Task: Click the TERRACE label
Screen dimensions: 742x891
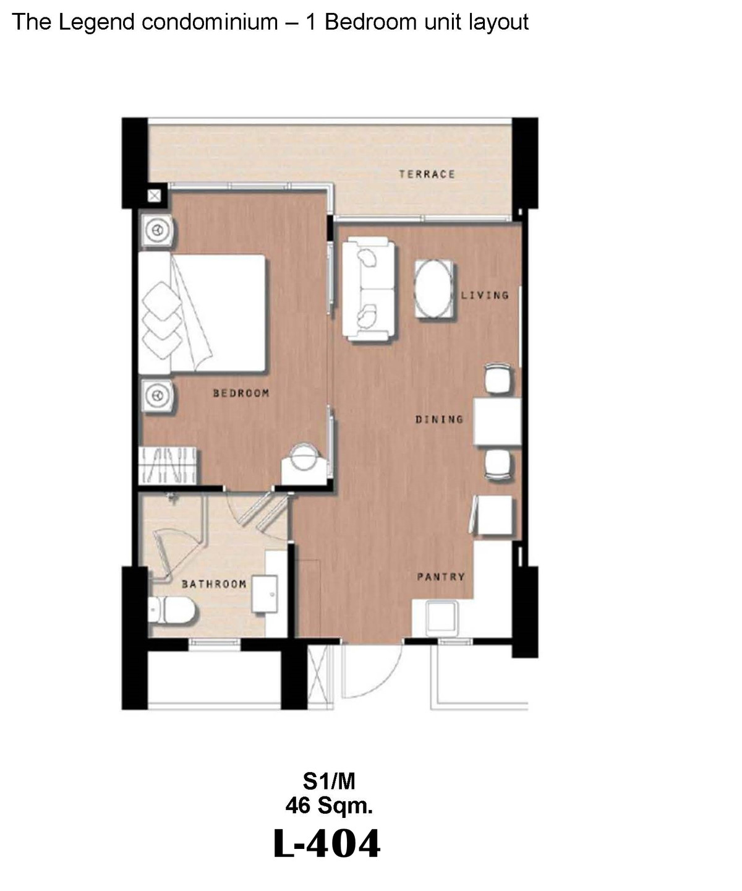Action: [427, 174]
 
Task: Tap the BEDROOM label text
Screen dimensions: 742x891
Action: [241, 393]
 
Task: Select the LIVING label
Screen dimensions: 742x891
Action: [485, 295]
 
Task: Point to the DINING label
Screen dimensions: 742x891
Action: [439, 420]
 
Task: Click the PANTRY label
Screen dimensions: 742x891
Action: [440, 577]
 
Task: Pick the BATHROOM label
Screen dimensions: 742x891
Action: [214, 584]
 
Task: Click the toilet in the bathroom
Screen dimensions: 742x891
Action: [171, 610]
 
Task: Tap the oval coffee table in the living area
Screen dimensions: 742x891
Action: [433, 288]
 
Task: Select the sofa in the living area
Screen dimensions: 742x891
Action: [369, 290]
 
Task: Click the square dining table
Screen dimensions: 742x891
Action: [497, 421]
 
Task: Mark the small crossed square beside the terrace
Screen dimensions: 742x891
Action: [154, 196]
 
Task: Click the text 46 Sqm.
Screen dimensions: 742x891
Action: [329, 806]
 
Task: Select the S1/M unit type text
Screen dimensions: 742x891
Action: [329, 781]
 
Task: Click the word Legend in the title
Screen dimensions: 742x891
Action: [96, 23]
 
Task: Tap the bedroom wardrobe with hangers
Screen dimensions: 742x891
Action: [168, 465]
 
